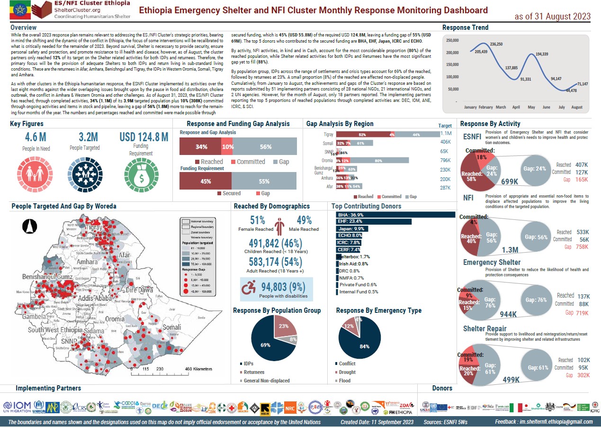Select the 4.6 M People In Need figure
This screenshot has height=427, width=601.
tap(36, 137)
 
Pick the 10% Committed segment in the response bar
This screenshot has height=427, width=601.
tap(227, 147)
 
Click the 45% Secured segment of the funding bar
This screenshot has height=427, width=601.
tap(206, 181)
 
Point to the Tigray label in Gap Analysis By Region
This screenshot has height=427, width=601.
tap(328, 135)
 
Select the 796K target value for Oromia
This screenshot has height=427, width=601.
tap(445, 160)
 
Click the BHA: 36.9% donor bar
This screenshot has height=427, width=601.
tap(395, 215)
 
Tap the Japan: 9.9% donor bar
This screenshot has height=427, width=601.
tap(352, 228)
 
